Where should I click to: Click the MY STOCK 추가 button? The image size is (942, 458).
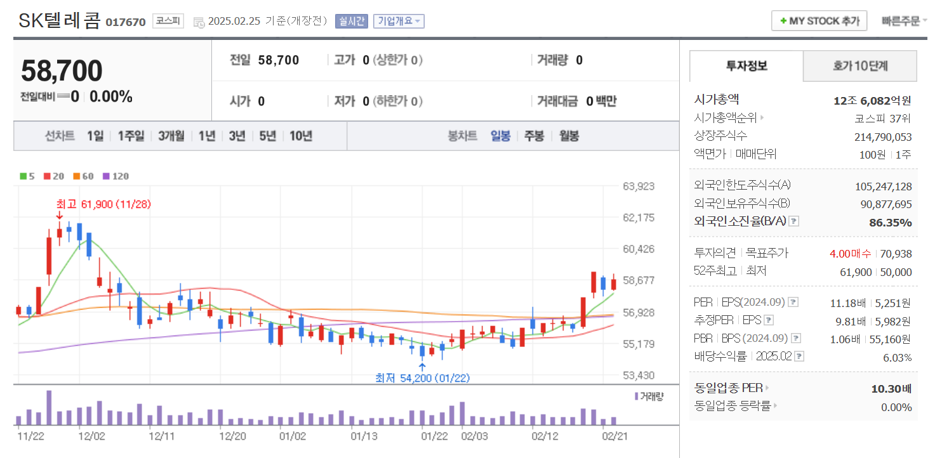(819, 21)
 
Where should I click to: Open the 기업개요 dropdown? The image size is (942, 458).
(399, 21)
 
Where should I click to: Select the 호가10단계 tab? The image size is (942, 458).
(860, 66)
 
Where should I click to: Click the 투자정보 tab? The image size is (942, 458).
(746, 66)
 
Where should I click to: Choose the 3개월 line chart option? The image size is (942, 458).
(171, 136)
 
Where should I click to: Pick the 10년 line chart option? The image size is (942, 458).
(301, 136)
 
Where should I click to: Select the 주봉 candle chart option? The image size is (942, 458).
(534, 136)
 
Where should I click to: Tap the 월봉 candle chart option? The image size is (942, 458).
(569, 136)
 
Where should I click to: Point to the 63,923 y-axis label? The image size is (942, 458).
(639, 186)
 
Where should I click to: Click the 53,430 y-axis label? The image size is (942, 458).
(639, 376)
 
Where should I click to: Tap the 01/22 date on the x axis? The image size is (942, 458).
(435, 436)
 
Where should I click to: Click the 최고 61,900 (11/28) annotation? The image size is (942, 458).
(103, 204)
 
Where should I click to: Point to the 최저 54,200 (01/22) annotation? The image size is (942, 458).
(422, 378)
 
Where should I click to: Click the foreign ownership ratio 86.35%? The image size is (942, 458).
(890, 223)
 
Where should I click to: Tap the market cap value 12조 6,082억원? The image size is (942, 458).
(872, 100)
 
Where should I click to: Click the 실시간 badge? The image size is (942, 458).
(351, 21)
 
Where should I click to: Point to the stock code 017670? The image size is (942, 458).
(125, 22)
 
